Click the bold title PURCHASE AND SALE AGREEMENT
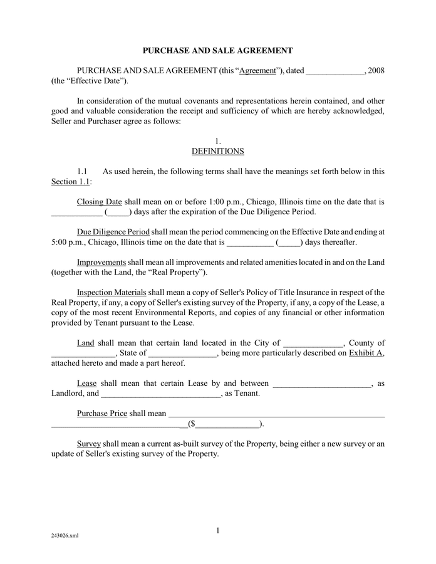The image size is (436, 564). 218,50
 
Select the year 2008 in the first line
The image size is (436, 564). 376,71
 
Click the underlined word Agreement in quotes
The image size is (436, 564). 257,71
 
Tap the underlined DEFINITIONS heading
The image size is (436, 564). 217,151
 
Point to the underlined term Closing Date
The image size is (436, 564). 99,202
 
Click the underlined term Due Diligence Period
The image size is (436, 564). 113,232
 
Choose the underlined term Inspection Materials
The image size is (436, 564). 112,292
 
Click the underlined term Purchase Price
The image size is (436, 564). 102,413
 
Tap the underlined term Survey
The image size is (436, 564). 89,444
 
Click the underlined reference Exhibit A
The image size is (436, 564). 366,353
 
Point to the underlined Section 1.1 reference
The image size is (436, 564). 71,181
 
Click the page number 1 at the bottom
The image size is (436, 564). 217,531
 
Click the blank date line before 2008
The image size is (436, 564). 335,71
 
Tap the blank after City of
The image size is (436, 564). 313,343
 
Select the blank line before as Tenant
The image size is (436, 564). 160,394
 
